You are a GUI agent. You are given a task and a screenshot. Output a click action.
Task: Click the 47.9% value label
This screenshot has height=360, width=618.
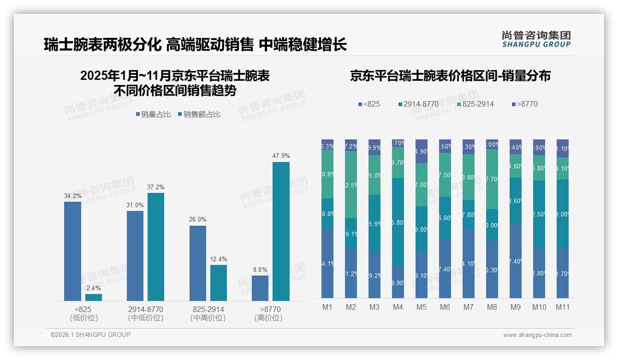pyautogui.click(x=281, y=156)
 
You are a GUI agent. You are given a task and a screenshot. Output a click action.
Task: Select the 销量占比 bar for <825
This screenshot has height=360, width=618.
pyautogui.click(x=72, y=251)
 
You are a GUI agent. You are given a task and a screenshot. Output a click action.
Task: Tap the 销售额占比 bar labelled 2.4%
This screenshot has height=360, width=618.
pyautogui.click(x=94, y=297)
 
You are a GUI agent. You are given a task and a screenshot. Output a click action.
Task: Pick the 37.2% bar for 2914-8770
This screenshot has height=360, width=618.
pyautogui.click(x=156, y=247)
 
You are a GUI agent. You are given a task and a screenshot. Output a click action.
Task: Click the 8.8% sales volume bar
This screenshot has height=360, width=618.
pyautogui.click(x=260, y=288)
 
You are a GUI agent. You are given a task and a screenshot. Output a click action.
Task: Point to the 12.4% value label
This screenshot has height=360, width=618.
pyautogui.click(x=218, y=259)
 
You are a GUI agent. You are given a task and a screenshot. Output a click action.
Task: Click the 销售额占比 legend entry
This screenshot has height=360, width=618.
pyautogui.click(x=199, y=114)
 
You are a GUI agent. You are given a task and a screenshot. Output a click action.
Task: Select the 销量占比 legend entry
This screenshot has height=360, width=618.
pyautogui.click(x=153, y=114)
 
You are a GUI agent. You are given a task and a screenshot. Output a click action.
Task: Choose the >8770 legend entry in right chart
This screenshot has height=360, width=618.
pyautogui.click(x=524, y=104)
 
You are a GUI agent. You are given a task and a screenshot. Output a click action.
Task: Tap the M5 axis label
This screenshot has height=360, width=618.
pyautogui.click(x=422, y=307)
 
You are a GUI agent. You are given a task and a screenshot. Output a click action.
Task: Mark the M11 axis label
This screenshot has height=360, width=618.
pyautogui.click(x=562, y=307)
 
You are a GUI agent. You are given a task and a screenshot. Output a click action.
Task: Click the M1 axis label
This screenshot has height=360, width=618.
pyautogui.click(x=327, y=307)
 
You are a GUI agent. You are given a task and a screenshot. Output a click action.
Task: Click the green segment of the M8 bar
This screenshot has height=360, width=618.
pyautogui.click(x=492, y=179)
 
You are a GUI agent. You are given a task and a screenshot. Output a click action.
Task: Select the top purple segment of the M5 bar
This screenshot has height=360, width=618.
pyautogui.click(x=422, y=151)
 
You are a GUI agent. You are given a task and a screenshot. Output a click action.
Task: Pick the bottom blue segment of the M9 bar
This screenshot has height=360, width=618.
pyautogui.click(x=516, y=261)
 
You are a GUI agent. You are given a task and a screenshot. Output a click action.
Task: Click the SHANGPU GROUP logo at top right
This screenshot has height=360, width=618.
pyautogui.click(x=536, y=39)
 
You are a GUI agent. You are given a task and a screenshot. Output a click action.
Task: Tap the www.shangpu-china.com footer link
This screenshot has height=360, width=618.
pyautogui.click(x=537, y=335)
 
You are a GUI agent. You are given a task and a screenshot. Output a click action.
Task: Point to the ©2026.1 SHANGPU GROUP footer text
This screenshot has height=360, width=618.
pyautogui.click(x=90, y=335)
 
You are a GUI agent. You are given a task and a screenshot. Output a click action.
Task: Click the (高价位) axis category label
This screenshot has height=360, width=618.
pyautogui.click(x=268, y=318)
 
